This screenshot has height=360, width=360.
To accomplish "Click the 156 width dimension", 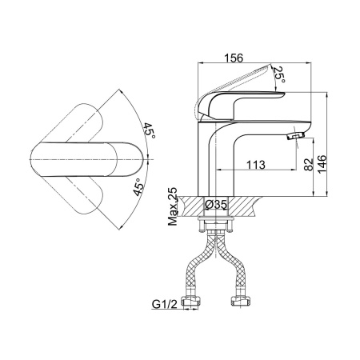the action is point(234,58).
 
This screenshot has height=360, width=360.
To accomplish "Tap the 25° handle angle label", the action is point(279,74).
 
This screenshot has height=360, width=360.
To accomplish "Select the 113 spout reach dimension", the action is point(255,165).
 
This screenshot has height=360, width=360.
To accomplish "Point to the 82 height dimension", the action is point(309,165).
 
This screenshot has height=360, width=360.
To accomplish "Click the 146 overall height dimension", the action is point(322,164).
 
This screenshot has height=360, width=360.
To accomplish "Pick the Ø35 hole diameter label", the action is point(216,205).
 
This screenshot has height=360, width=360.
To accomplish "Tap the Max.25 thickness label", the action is point(173,206).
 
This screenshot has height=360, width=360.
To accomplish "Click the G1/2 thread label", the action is point(165,304).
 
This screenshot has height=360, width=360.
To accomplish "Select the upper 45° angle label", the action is point(150,130).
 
